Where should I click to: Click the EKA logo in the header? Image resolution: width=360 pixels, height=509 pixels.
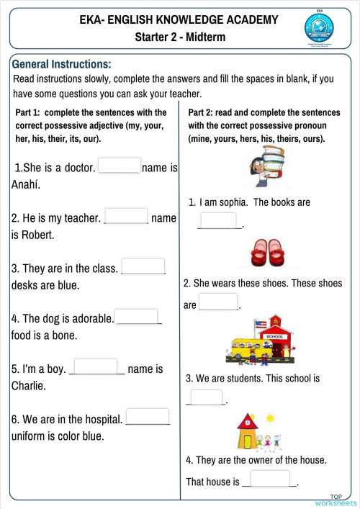pyautogui.click(x=319, y=28)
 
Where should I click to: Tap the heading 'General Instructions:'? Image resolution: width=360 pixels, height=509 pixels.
pyautogui.click(x=61, y=64)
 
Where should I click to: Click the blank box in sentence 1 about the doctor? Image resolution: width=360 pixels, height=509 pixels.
pyautogui.click(x=119, y=166)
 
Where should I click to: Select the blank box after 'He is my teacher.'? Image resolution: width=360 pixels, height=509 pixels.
pyautogui.click(x=126, y=216)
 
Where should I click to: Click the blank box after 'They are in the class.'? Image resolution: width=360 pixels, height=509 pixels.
pyautogui.click(x=143, y=266)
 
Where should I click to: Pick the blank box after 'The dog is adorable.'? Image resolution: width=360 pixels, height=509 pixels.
pyautogui.click(x=136, y=317)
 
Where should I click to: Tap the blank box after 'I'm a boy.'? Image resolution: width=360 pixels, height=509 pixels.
pyautogui.click(x=95, y=367)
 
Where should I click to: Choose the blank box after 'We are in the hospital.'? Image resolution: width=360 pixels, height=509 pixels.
pyautogui.click(x=148, y=417)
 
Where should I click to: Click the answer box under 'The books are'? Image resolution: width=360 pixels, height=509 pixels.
pyautogui.click(x=218, y=220)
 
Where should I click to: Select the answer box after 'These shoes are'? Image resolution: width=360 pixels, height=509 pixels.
pyautogui.click(x=217, y=302)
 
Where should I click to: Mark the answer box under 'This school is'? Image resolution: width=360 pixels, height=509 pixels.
pyautogui.click(x=206, y=397)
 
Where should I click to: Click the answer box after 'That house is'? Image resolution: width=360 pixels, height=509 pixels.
pyautogui.click(x=270, y=479)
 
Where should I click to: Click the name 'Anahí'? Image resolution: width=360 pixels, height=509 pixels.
pyautogui.click(x=26, y=184)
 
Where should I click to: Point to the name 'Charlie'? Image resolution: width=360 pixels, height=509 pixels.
pyautogui.click(x=28, y=386)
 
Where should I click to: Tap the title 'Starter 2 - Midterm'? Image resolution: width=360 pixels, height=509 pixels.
pyautogui.click(x=179, y=37)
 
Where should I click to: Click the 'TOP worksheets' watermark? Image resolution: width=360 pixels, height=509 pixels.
pyautogui.click(x=336, y=500)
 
